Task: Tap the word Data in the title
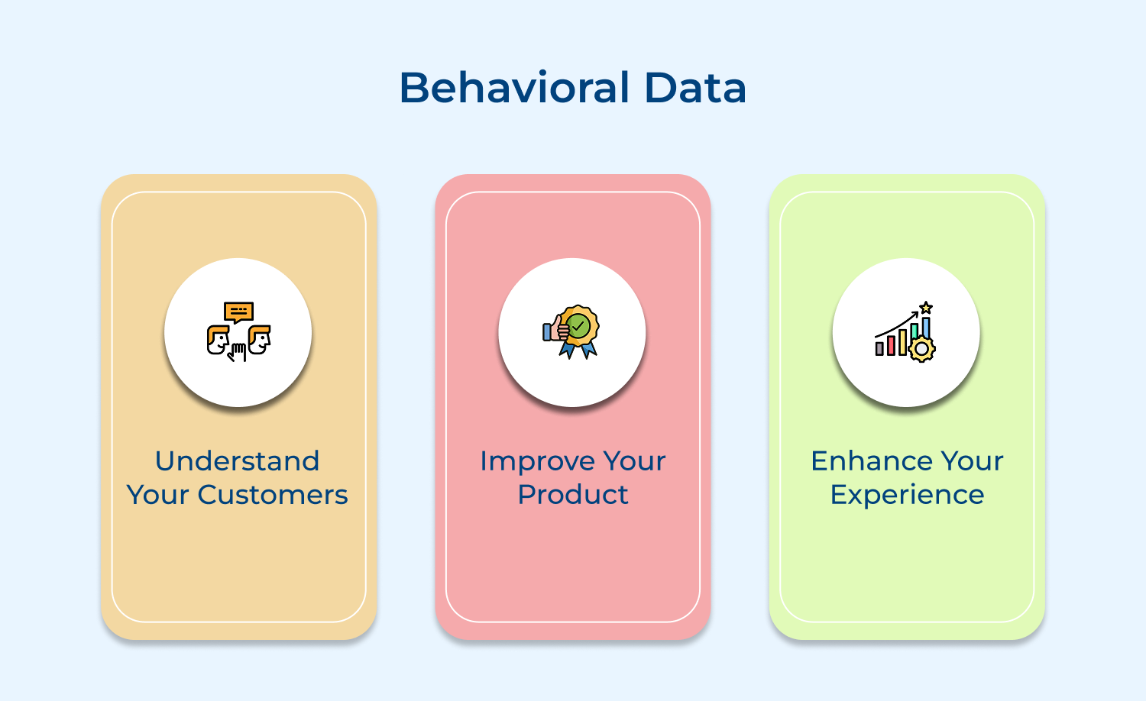pos(695,88)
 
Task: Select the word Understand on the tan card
pos(237,461)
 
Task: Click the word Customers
pos(273,495)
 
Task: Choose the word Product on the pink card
pos(573,495)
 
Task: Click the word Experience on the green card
pos(907,496)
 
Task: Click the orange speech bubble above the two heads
pos(238,312)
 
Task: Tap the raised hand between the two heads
pos(238,352)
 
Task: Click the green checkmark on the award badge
pos(579,327)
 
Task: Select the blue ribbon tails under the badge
pos(578,350)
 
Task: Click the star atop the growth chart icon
pos(926,308)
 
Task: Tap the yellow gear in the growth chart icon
pos(922,349)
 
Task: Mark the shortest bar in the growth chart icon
pos(879,349)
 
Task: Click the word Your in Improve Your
pos(634,461)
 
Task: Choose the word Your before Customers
pos(157,495)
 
